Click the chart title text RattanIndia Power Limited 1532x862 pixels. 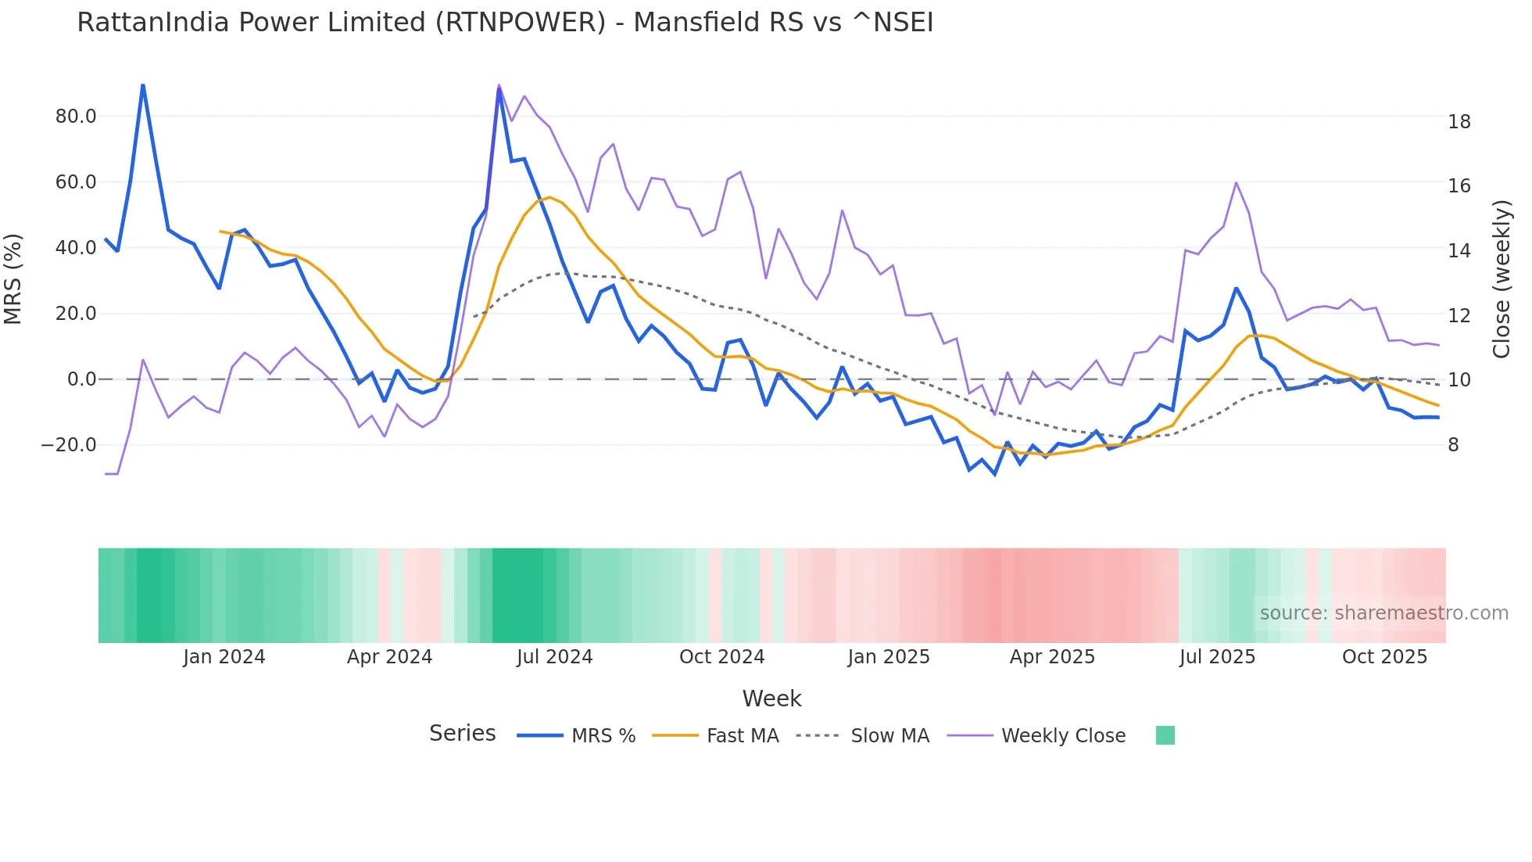pyautogui.click(x=505, y=23)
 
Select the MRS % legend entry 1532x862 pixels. pyautogui.click(x=603, y=736)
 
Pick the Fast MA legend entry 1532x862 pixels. pyautogui.click(x=742, y=736)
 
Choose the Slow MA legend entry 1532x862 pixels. pyautogui.click(x=889, y=736)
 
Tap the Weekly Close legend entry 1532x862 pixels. pyautogui.click(x=1063, y=736)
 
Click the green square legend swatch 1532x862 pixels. pyautogui.click(x=1165, y=735)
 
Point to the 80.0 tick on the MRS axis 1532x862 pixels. pyautogui.click(x=76, y=117)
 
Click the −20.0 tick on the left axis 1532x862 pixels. pyautogui.click(x=69, y=445)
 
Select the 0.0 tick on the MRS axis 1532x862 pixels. pyautogui.click(x=81, y=379)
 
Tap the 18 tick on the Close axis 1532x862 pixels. pyautogui.click(x=1459, y=121)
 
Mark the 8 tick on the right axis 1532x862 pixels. pyautogui.click(x=1453, y=445)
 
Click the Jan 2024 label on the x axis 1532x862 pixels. pyautogui.click(x=224, y=657)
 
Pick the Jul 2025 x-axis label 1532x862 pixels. pyautogui.click(x=1217, y=657)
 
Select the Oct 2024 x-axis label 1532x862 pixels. pyautogui.click(x=721, y=657)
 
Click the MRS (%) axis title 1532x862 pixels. pyautogui.click(x=13, y=278)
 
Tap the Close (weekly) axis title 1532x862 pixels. pyautogui.click(x=1502, y=278)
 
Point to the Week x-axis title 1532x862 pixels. pyautogui.click(x=771, y=699)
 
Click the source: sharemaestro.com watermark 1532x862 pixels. pyautogui.click(x=1383, y=613)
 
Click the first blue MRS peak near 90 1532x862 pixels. pyautogui.click(x=143, y=85)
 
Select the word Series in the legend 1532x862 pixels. pyautogui.click(x=462, y=734)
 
